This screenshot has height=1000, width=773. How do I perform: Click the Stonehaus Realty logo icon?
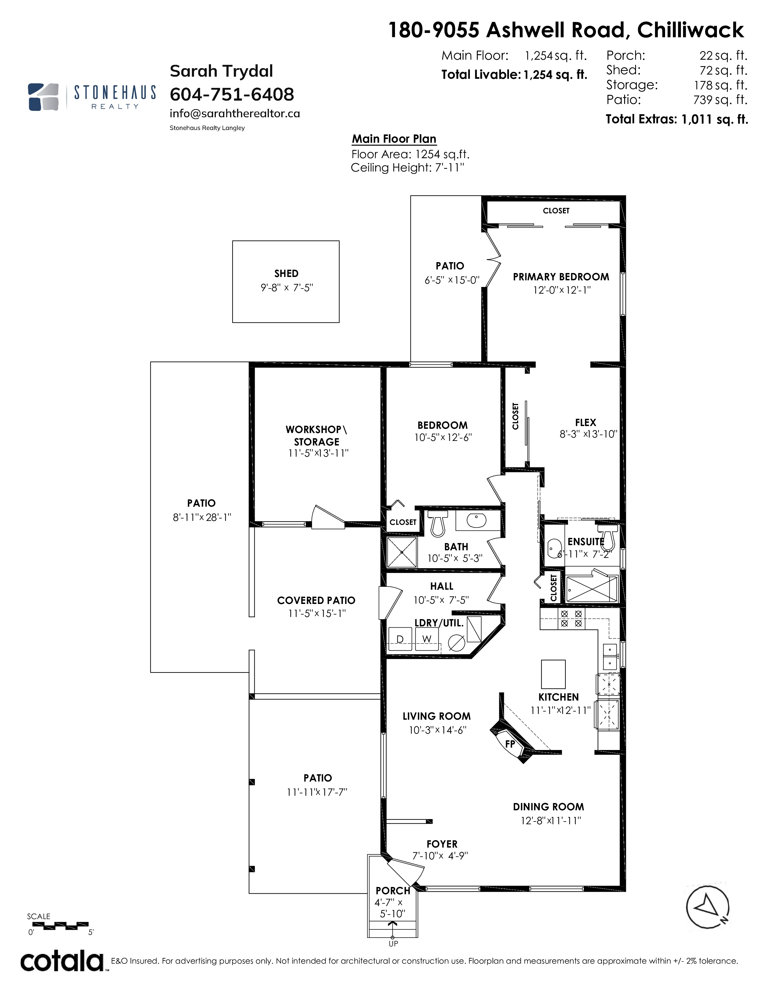point(44,97)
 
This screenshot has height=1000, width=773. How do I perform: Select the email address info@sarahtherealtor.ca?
point(234,114)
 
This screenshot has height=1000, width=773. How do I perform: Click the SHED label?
point(286,273)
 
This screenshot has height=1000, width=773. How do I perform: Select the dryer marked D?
point(400,639)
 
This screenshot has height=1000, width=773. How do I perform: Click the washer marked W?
point(427,639)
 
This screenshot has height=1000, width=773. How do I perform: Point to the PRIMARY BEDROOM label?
point(561,277)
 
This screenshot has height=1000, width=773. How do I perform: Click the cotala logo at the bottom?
point(62,962)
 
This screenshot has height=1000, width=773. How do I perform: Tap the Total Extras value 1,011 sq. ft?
point(715,119)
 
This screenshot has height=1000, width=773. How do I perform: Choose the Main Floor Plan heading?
point(394,139)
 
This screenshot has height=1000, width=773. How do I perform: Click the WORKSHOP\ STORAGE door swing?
point(327,518)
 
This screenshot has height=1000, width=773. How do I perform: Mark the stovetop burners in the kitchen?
point(571,618)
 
